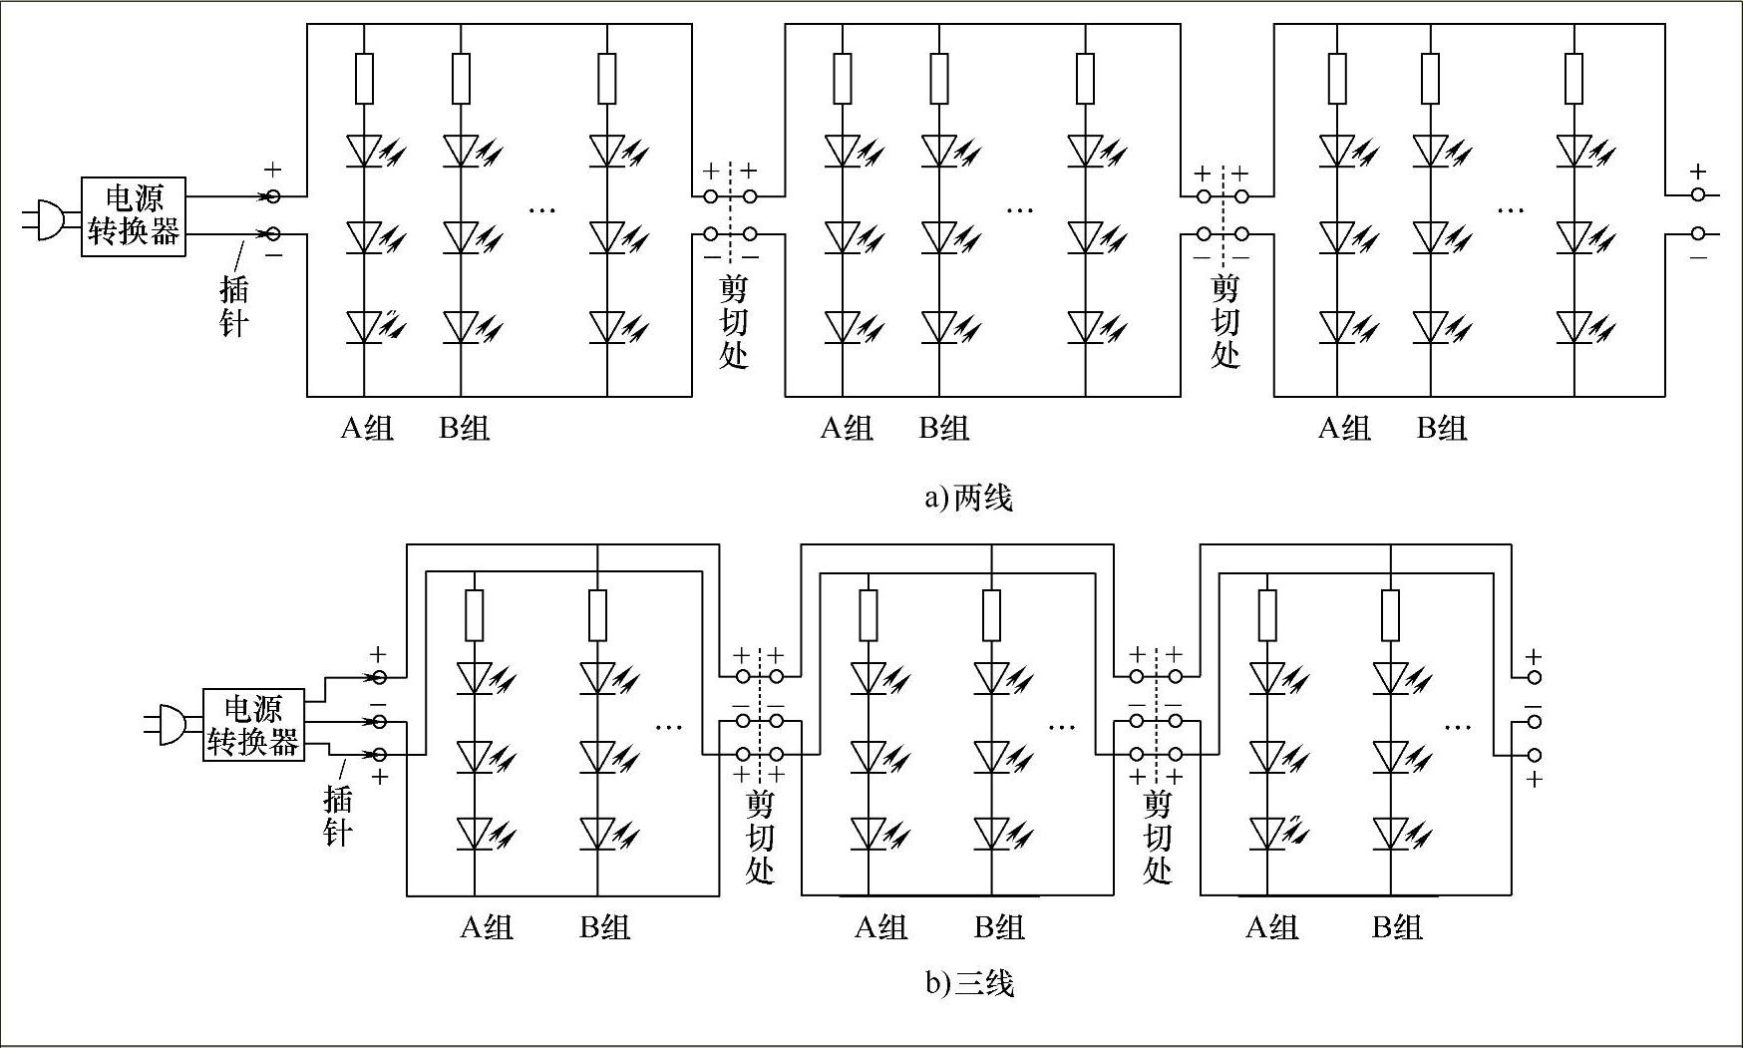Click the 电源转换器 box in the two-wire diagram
tap(134, 216)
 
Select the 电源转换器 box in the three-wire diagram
tap(253, 726)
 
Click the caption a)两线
tap(968, 497)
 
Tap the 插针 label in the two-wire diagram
tap(233, 306)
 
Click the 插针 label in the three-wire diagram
tap(338, 816)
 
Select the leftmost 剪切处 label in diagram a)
tap(734, 321)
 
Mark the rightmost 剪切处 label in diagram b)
tap(1157, 836)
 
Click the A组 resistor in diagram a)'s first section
tap(364, 79)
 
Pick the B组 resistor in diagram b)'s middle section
tap(991, 615)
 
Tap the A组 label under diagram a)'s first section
tap(367, 429)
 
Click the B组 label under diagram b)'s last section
tap(1396, 927)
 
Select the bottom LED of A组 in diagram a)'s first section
tap(364, 327)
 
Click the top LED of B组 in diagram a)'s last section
tap(1431, 152)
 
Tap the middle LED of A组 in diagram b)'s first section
tap(475, 756)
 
